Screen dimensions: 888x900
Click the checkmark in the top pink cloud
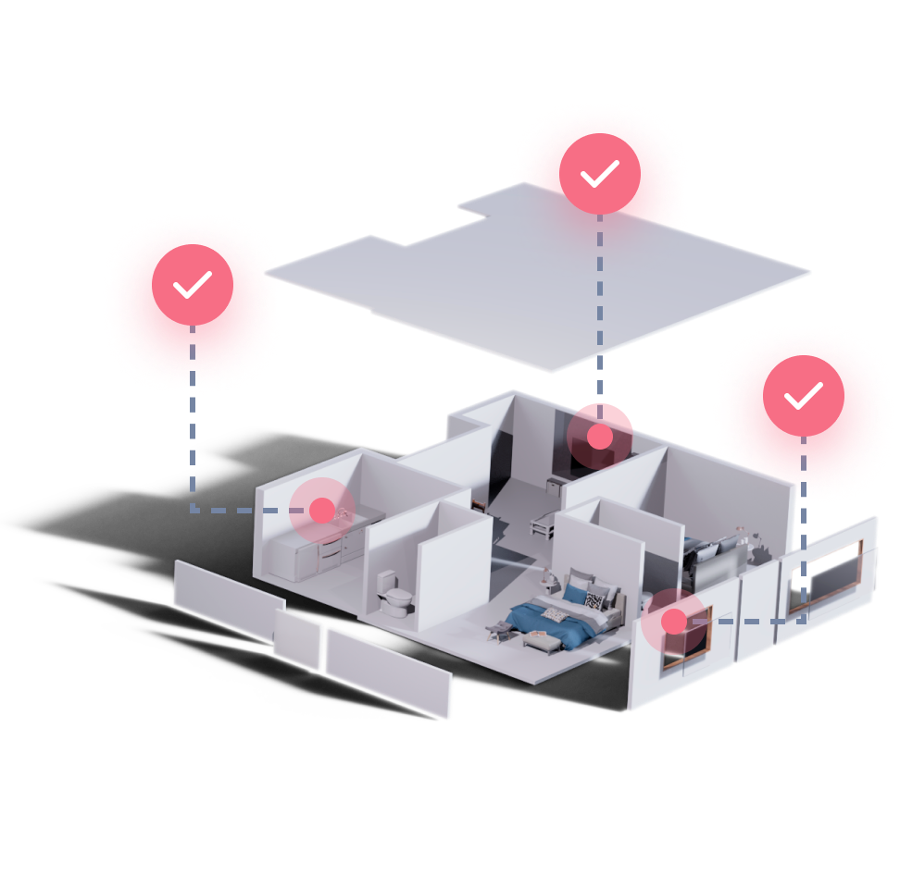coord(599,173)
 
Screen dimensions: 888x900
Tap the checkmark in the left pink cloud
coord(193,285)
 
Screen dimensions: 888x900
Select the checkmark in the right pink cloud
coord(803,396)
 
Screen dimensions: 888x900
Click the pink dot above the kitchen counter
coord(321,510)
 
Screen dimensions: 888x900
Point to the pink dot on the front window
coord(674,622)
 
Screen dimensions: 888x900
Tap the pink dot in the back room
coord(600,437)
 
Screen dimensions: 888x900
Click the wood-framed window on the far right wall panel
coord(824,578)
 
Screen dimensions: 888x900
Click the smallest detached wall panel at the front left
coord(297,639)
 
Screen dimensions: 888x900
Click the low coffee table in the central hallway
coord(543,526)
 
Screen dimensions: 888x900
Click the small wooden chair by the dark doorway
coord(479,504)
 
